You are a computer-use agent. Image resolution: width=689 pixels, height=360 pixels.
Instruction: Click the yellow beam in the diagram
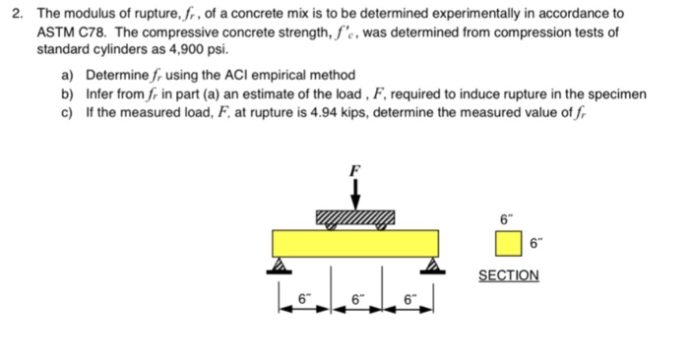pos(356,242)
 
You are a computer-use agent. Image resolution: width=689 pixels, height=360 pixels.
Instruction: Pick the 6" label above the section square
pos(508,218)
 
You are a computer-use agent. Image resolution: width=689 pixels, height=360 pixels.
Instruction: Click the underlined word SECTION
pos(508,275)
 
